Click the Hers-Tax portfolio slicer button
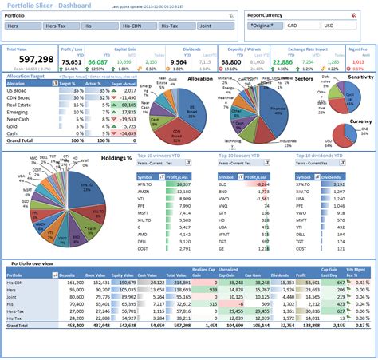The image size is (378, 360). pos(61,26)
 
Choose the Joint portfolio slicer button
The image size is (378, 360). pos(214,26)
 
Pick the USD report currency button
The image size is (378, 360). pos(333,26)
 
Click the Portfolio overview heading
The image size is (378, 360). pos(31,264)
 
